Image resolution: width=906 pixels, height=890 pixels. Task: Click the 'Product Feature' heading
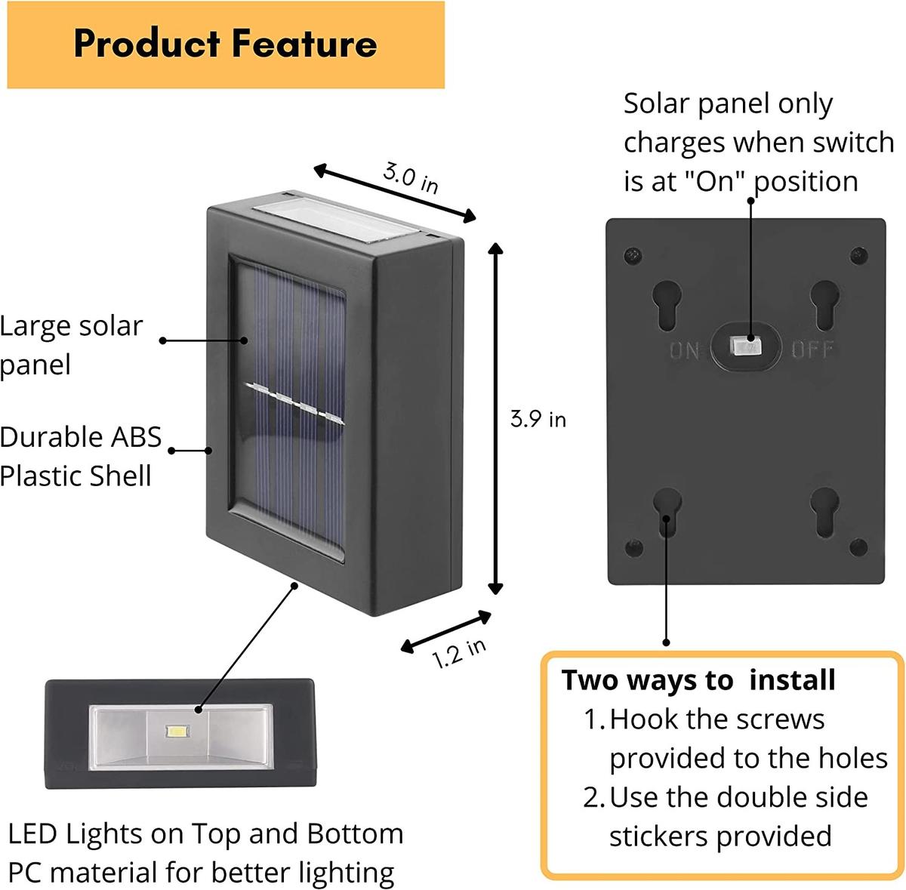click(225, 44)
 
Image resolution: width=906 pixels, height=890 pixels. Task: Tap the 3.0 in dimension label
click(410, 177)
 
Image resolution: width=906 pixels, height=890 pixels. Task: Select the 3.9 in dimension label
click(538, 419)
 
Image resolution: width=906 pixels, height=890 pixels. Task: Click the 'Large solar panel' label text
click(72, 345)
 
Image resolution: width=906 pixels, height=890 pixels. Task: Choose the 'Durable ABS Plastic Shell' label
click(81, 456)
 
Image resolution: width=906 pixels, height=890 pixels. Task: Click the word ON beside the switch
click(684, 350)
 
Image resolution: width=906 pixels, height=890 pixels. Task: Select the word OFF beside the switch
click(812, 349)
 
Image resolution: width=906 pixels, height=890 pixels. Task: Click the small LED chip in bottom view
click(177, 731)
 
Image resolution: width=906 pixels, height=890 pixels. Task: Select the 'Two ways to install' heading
click(698, 680)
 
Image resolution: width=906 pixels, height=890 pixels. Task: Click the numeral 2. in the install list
click(593, 797)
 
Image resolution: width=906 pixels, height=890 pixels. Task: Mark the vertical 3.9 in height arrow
click(495, 419)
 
